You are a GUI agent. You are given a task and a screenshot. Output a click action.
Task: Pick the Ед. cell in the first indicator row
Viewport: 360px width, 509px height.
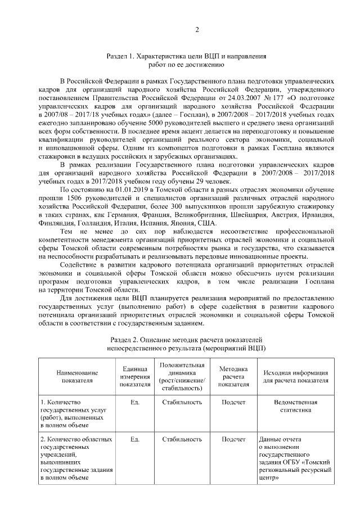(x=134, y=403)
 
